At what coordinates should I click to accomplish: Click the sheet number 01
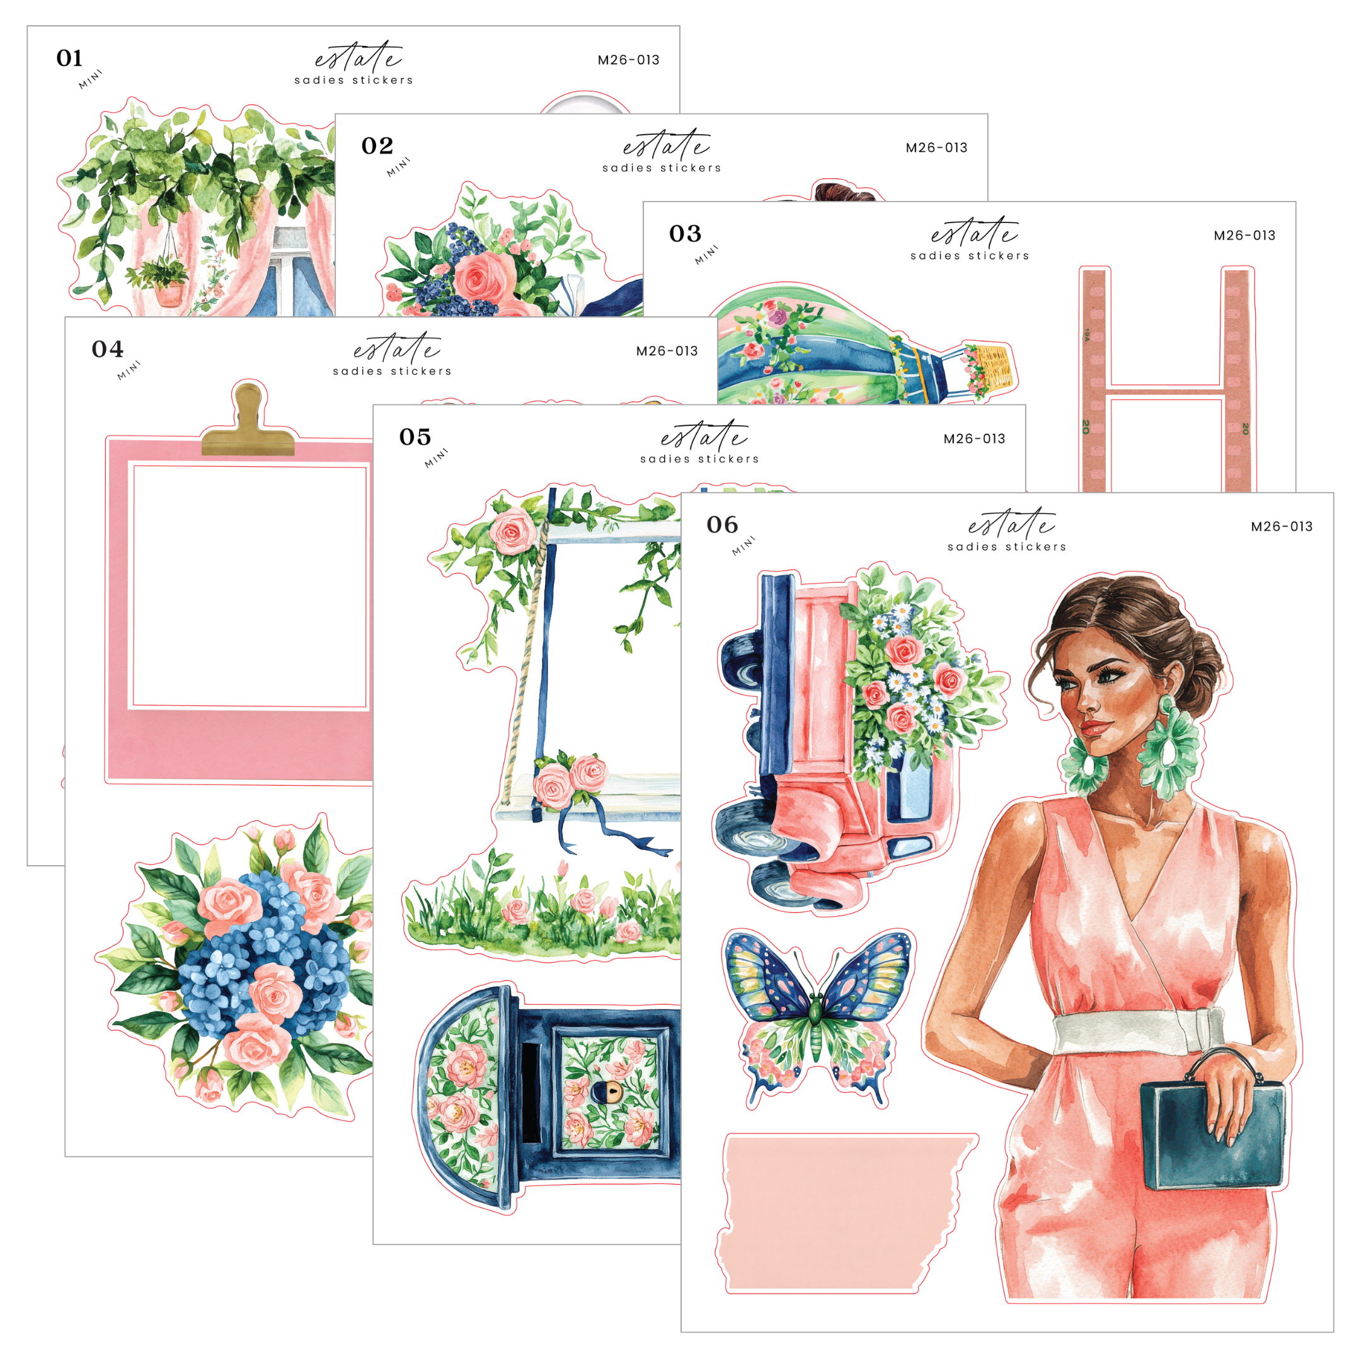(x=69, y=59)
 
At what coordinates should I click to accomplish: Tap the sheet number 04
(x=107, y=350)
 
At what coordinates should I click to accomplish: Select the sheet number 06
(x=722, y=525)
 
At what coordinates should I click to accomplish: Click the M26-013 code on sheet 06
(x=1282, y=526)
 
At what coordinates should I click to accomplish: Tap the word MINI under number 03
(x=706, y=255)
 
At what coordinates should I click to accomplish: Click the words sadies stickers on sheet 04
(x=393, y=371)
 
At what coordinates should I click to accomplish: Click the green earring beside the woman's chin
(x=1084, y=766)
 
